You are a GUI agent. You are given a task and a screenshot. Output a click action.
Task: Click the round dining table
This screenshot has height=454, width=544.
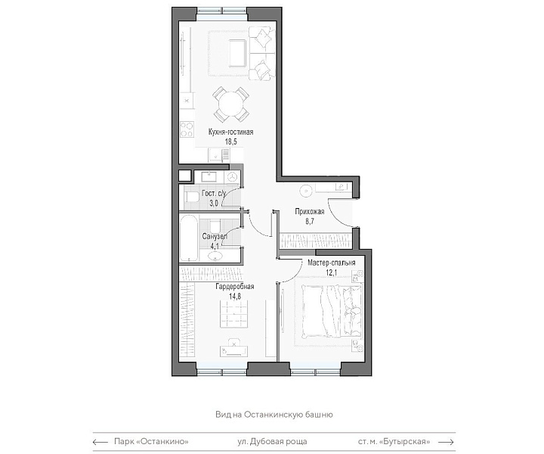coord(230,103)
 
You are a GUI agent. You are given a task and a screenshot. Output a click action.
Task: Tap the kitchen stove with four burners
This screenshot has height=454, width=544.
coord(187,129)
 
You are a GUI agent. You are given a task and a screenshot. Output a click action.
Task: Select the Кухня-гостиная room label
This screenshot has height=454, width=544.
coord(230,132)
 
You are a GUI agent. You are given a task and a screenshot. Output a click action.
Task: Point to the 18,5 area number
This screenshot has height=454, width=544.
coord(230,141)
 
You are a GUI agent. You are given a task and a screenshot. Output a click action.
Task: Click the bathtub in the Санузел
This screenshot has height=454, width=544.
coord(189,238)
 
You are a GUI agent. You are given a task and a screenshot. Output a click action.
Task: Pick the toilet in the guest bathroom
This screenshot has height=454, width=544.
coord(191,197)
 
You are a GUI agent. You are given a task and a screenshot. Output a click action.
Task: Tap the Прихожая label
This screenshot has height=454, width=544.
coord(310,212)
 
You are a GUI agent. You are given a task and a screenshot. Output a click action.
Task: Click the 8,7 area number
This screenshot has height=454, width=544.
coord(310,222)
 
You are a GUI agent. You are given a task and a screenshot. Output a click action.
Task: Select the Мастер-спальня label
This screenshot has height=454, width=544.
coord(332,263)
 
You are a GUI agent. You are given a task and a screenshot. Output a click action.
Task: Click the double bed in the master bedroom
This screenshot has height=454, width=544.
coord(332,311)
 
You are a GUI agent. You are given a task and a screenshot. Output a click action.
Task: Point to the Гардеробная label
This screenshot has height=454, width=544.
coord(235,287)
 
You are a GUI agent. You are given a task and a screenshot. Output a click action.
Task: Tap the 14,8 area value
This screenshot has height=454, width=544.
coord(235,297)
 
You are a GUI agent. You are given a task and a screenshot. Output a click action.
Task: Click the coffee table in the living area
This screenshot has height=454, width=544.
coord(238,54)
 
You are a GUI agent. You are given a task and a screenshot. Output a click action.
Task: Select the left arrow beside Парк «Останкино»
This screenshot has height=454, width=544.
coord(100,442)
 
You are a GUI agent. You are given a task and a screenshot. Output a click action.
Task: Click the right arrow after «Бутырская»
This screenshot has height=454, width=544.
coord(447,442)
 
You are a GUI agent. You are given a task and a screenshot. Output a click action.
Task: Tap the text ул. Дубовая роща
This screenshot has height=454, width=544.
coord(272,442)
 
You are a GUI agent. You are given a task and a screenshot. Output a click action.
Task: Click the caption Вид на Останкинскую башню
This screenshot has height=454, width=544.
coord(274,415)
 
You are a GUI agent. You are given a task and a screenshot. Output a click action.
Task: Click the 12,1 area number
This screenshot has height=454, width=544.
coord(332,273)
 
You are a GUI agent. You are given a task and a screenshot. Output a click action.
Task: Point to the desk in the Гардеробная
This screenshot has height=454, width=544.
coord(233,351)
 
